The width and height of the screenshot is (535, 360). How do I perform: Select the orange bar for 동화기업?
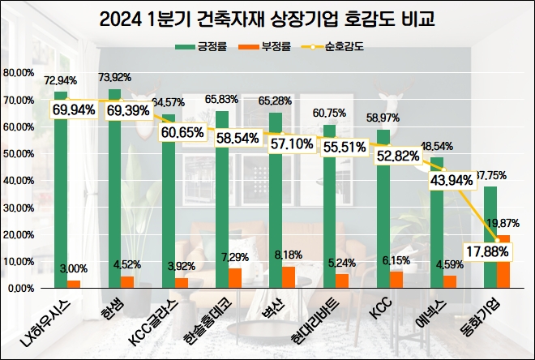[503, 261]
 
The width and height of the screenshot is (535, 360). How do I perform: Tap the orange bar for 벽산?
[289, 277]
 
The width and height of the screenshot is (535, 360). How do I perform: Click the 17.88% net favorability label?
[486, 251]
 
